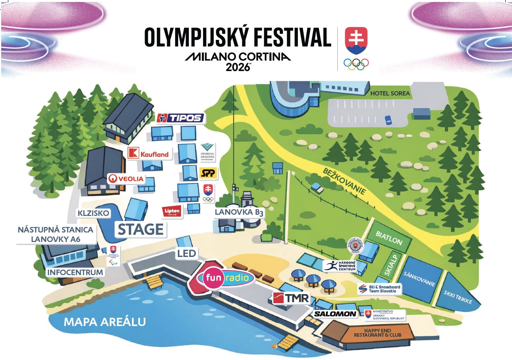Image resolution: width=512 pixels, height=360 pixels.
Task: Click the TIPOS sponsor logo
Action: [x=181, y=118]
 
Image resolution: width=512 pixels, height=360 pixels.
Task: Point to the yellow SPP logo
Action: [x=208, y=172]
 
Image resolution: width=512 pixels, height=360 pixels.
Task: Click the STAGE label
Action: [x=141, y=229]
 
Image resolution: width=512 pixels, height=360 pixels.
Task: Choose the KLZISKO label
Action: [x=93, y=213]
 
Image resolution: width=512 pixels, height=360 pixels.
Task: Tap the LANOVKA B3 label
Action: [x=239, y=212]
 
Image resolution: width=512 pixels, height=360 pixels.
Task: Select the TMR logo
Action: [x=292, y=298]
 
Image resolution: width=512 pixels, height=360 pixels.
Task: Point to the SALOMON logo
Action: [x=336, y=314]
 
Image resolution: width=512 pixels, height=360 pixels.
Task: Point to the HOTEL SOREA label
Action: [x=390, y=94]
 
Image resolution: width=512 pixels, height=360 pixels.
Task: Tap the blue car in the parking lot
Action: [x=388, y=119]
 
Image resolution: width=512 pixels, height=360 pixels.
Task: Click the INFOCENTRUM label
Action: [x=75, y=272]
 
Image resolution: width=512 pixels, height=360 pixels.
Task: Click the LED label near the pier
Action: [x=186, y=253]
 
